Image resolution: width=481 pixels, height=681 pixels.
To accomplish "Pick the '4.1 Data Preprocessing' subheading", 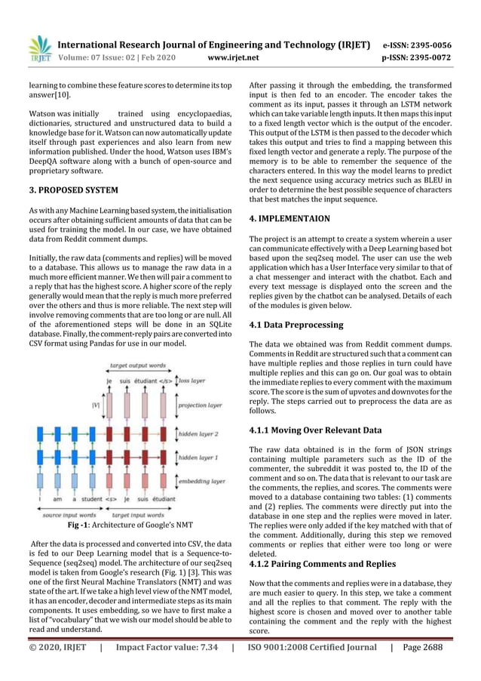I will click(296, 325).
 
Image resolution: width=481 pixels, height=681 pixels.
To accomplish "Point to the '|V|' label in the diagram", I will click(95, 405).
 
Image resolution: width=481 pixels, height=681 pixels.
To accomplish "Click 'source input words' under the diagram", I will click(66, 513).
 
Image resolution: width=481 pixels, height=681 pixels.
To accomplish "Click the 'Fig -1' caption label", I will click(81, 523).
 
